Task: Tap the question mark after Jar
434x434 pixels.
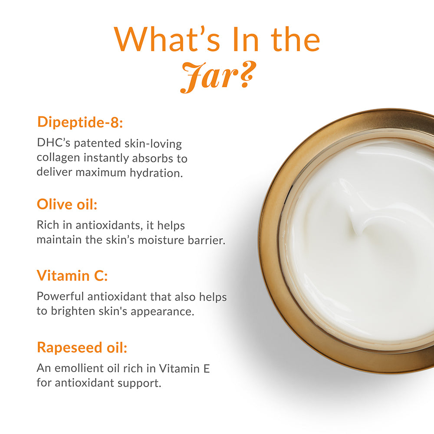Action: [247, 75]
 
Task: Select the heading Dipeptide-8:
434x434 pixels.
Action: [80, 122]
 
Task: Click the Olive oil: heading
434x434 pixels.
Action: [67, 204]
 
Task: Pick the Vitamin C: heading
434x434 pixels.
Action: [72, 276]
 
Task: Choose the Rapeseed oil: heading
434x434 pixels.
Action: [82, 347]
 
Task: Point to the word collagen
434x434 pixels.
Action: [59, 158]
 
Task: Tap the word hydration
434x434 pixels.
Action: [156, 173]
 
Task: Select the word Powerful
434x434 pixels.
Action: [60, 296]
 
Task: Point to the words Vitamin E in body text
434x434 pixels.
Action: [184, 368]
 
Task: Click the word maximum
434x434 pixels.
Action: [101, 173]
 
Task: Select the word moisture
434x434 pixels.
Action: [161, 240]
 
